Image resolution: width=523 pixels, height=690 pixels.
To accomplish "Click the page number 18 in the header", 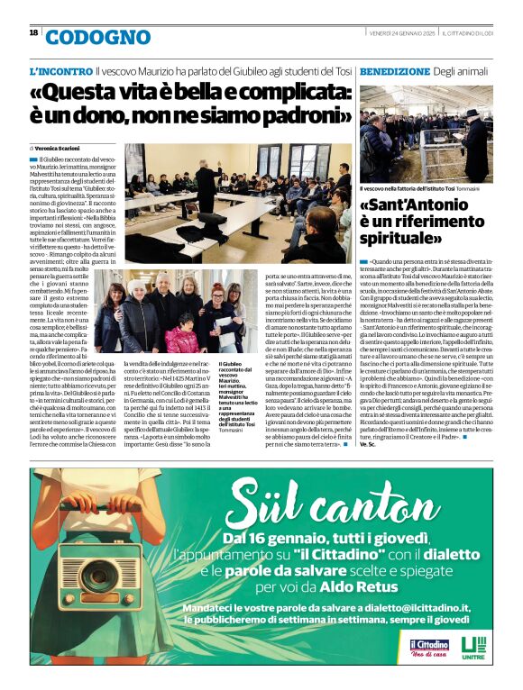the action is [x=33, y=32].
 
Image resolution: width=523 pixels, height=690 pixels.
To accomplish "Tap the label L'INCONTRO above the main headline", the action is [x=60, y=70].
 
